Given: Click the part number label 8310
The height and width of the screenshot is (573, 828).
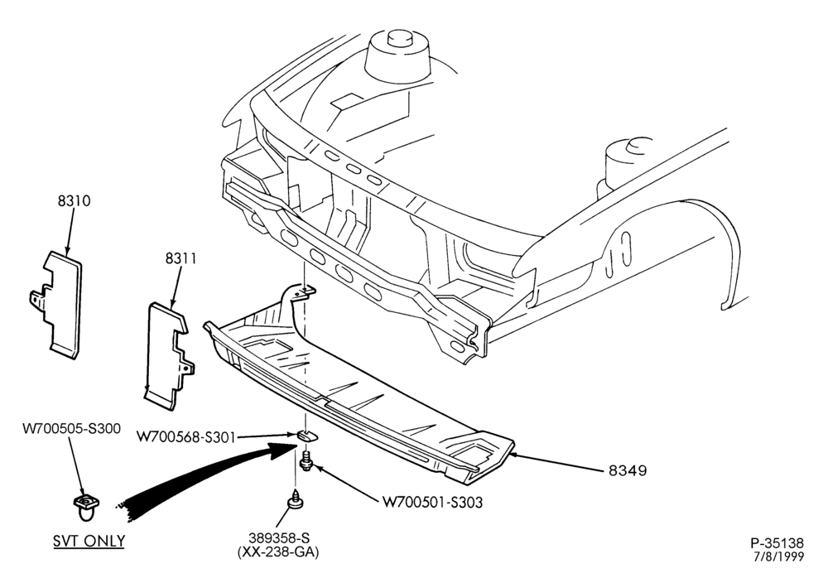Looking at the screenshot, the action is coord(74,200).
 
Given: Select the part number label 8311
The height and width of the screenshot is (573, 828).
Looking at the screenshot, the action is coord(181,258).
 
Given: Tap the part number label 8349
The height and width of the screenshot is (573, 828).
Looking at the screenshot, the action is coord(628,470).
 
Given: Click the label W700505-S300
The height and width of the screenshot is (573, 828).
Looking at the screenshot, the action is coord(71,428).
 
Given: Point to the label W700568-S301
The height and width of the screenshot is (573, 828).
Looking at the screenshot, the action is coord(185,437).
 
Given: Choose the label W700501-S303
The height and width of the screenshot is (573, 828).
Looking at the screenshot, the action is coord(432,503).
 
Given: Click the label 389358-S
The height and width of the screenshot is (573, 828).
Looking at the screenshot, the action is coord(279,538).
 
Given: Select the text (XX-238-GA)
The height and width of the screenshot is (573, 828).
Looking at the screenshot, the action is coord(278,551).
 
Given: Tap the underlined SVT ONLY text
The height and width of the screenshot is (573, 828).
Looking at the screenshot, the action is coord(89,541).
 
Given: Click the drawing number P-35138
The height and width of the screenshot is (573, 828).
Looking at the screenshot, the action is coord(777,543).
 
